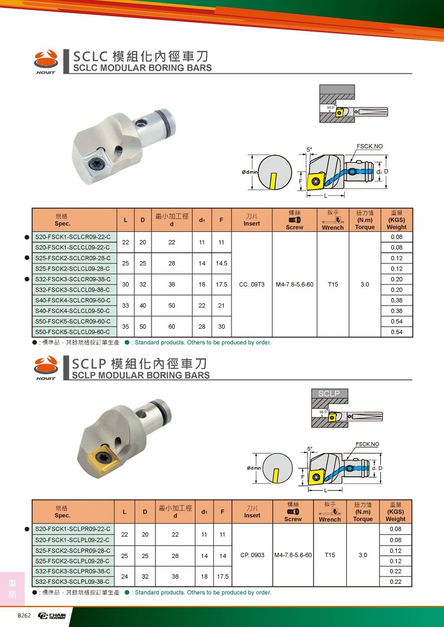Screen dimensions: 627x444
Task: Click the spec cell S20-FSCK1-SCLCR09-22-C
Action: point(73,237)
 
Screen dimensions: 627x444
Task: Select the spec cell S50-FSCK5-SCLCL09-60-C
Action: point(73,332)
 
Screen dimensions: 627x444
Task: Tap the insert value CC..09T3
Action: point(251,284)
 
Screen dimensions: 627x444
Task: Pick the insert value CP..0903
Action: point(252,555)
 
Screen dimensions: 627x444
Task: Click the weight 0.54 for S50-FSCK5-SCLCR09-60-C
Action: point(396,322)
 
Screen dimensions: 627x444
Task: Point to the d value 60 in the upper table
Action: point(172,327)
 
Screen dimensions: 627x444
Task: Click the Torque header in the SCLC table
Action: point(365,220)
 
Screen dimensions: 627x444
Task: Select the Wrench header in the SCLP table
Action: point(330,512)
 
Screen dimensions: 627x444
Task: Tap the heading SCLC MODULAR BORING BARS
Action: point(142,68)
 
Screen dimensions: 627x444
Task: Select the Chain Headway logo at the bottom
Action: point(52,616)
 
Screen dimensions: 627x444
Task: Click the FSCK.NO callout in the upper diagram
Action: point(369,146)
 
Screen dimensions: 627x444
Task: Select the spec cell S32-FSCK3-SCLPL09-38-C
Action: point(73,582)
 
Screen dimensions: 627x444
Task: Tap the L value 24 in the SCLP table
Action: point(125,576)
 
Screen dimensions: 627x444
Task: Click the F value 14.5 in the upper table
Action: point(221,263)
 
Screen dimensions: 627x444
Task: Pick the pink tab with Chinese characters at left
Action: point(12,588)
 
